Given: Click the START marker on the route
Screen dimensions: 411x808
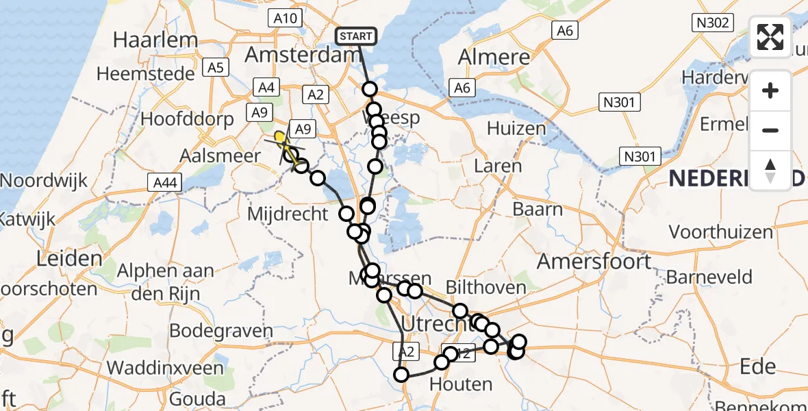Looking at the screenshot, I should pyautogui.click(x=355, y=36).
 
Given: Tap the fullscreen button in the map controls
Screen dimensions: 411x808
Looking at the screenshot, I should pyautogui.click(x=770, y=37).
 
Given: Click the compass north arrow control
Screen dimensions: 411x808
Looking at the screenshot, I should pyautogui.click(x=770, y=170).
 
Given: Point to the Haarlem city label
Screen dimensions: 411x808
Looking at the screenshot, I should pyautogui.click(x=155, y=40).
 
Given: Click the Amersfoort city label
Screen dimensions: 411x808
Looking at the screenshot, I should pyautogui.click(x=595, y=261).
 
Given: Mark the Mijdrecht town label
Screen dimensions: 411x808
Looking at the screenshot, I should pyautogui.click(x=288, y=214).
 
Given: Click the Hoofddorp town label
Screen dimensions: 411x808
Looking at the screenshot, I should pyautogui.click(x=188, y=118).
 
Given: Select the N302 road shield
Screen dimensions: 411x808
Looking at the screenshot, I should pyautogui.click(x=712, y=23).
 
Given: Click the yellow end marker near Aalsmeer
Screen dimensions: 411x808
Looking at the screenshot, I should pyautogui.click(x=279, y=138).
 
